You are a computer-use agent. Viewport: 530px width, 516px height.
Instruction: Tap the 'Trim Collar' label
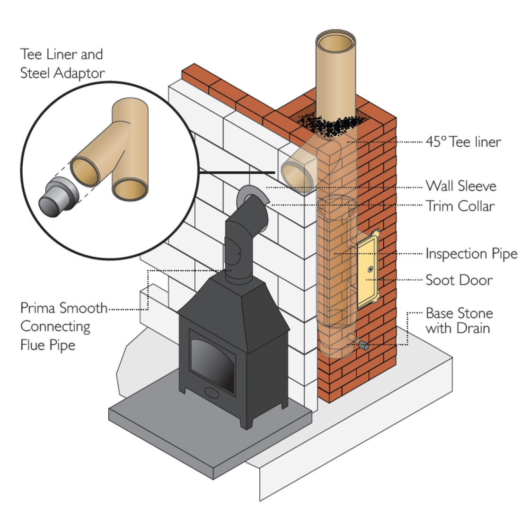[x=460, y=206]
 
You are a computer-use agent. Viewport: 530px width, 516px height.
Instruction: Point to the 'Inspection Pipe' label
[x=471, y=254]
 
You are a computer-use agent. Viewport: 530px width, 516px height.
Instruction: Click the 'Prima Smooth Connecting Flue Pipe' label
[x=63, y=327]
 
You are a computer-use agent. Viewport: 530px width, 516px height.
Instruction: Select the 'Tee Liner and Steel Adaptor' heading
[x=62, y=63]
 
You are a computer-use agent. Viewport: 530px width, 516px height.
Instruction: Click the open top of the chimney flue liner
[x=336, y=45]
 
